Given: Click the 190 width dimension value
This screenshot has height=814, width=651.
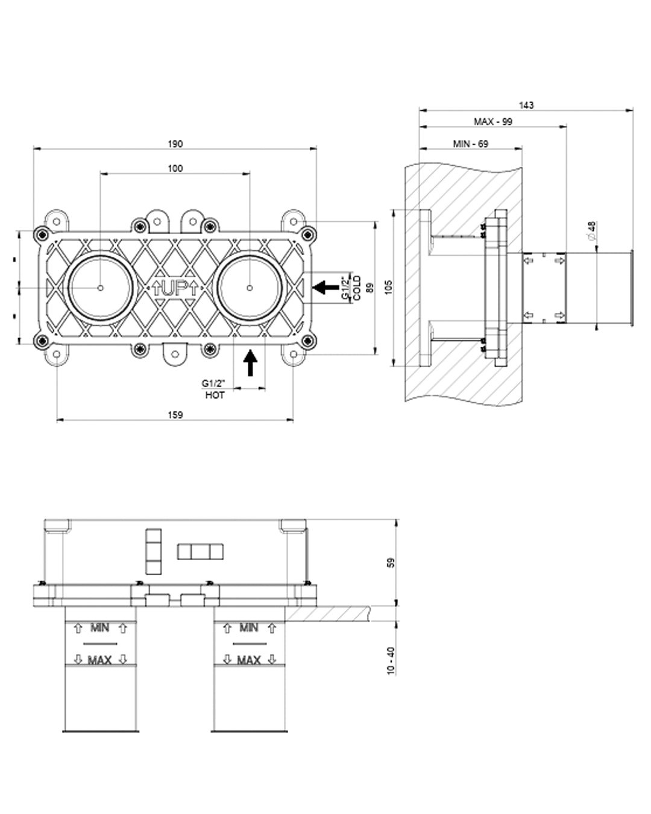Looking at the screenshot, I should (175, 144).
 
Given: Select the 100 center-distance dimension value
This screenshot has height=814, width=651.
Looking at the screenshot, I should (175, 168).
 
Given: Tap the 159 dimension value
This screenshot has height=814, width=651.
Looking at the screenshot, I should (175, 414).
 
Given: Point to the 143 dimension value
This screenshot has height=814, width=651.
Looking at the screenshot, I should (526, 105).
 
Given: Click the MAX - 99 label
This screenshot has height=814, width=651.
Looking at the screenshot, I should (493, 121).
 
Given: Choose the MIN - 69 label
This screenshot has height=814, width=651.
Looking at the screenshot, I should (471, 144).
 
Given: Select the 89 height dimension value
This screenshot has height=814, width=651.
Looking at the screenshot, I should (370, 288).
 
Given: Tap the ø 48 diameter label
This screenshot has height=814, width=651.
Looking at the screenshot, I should (591, 230).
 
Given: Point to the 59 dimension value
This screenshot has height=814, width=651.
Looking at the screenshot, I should (391, 563).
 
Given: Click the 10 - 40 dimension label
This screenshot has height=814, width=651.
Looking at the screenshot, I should (391, 661).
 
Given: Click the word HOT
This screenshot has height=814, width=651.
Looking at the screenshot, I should (215, 395).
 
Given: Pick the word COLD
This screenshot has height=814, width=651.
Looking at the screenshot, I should (357, 288).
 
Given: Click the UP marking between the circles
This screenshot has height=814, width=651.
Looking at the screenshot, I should (174, 287).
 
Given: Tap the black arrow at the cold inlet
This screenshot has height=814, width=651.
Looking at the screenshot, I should (327, 288).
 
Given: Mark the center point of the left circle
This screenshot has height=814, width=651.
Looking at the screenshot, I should (100, 288).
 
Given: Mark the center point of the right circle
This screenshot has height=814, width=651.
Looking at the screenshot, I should (250, 288).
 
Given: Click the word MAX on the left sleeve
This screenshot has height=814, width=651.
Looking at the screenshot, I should (100, 660).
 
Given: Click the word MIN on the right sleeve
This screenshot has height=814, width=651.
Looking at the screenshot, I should (249, 628).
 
